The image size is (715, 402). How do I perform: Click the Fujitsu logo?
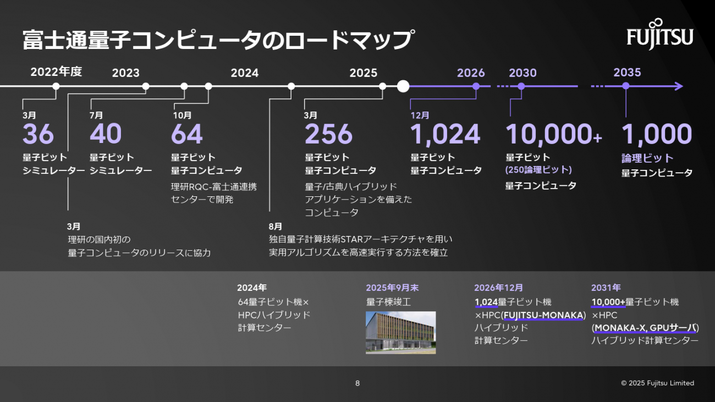[x=660, y=35]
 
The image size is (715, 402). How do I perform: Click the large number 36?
[x=38, y=134]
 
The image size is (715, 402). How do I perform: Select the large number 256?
[x=328, y=134]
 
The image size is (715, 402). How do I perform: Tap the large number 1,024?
[x=445, y=134]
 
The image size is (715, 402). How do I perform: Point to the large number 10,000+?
[x=553, y=134]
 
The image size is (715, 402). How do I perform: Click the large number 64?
[x=187, y=134]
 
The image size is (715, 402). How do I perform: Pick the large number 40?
[x=106, y=134]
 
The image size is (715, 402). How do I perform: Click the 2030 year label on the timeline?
[x=522, y=73]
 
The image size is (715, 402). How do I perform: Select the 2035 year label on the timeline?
[x=627, y=73]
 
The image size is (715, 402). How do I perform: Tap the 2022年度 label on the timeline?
[x=56, y=72]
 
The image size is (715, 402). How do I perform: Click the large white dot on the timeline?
[x=403, y=86]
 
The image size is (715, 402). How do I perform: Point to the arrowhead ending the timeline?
[x=679, y=86]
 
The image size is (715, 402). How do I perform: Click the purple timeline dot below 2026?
[x=476, y=86]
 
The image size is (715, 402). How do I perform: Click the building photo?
[x=400, y=333]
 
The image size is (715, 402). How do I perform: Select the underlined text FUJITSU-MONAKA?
[x=543, y=315]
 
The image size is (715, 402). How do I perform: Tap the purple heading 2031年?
[x=606, y=288]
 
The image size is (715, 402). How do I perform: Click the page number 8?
[x=358, y=383]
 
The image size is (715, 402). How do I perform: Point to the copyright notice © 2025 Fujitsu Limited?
[x=658, y=383]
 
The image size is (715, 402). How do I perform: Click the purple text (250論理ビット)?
[x=538, y=170]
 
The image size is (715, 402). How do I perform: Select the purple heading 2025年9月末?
[x=392, y=288]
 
